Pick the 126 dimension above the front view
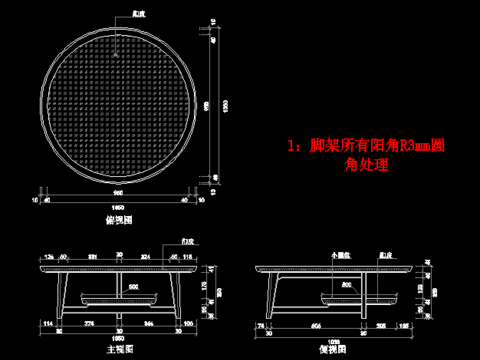48,257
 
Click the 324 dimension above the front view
145,257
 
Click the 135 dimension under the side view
404,326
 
